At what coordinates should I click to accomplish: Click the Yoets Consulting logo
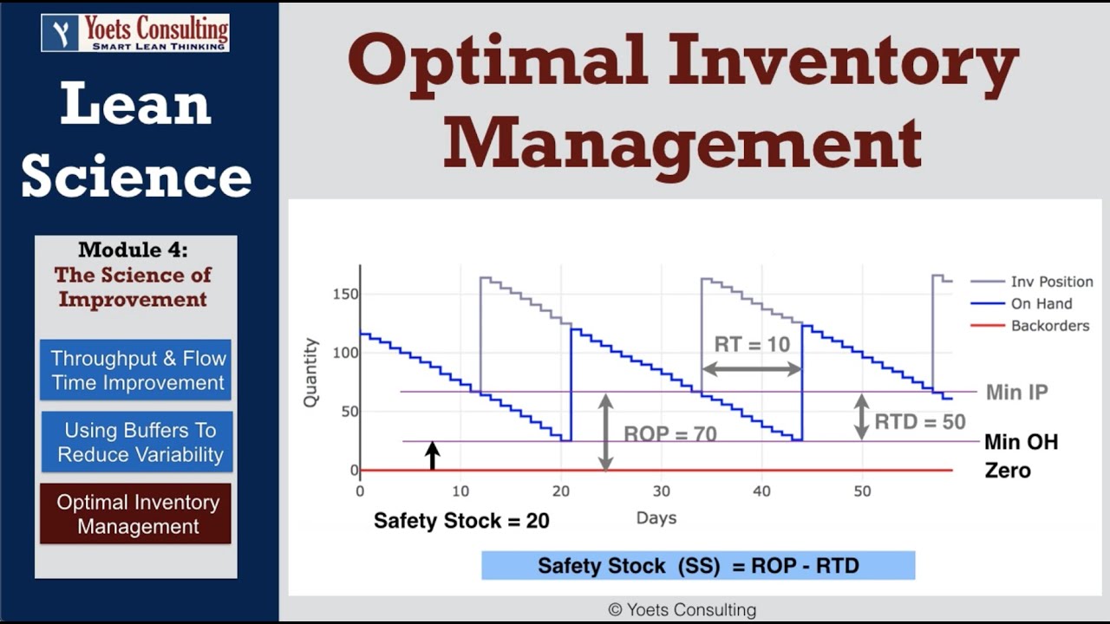click(135, 32)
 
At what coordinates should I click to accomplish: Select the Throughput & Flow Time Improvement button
click(136, 370)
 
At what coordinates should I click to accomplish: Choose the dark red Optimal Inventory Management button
click(136, 514)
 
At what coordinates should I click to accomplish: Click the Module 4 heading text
click(133, 250)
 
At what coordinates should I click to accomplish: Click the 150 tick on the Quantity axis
click(345, 294)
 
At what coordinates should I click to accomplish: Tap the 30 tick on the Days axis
click(661, 491)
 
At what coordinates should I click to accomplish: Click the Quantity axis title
click(310, 373)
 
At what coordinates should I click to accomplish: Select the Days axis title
click(656, 518)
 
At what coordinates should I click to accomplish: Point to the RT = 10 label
click(752, 345)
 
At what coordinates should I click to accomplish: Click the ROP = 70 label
click(670, 434)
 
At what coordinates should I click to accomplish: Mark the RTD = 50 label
click(920, 422)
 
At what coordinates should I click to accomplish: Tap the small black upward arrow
click(432, 455)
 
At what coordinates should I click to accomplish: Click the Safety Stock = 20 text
click(461, 521)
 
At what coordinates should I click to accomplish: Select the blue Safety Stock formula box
click(698, 566)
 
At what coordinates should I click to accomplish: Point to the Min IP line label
click(1016, 393)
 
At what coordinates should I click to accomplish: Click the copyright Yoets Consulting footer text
click(682, 610)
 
